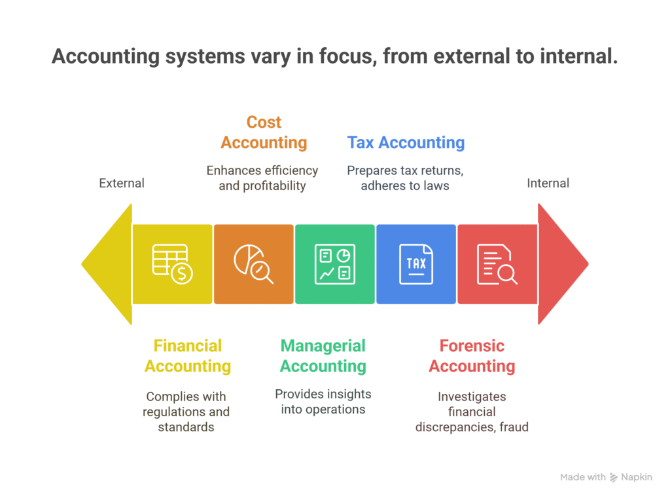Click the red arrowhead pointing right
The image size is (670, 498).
point(560,264)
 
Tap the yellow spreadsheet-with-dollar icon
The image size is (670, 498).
point(173,264)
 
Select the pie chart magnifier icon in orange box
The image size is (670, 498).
point(253,264)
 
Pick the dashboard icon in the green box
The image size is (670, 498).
point(335,264)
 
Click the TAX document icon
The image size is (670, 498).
point(416,264)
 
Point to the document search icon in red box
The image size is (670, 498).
point(497,264)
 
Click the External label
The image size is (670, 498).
point(122,183)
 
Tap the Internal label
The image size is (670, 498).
point(548,183)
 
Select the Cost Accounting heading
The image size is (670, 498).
point(264,132)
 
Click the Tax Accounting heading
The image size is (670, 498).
point(406,142)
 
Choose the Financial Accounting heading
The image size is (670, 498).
point(188,356)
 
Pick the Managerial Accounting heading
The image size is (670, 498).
point(323,356)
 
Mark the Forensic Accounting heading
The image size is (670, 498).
point(472,356)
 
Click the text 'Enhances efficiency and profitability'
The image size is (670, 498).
point(262,178)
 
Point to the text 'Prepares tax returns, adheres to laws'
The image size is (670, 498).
point(405,178)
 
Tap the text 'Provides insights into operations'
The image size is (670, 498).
point(323,401)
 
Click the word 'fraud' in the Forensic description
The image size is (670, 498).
point(514,427)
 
